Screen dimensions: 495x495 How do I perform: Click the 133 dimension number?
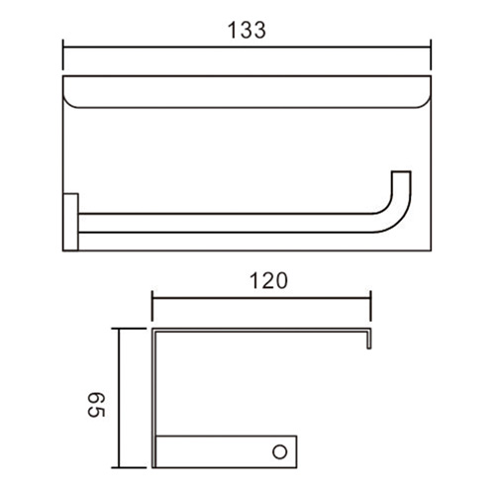point(247,30)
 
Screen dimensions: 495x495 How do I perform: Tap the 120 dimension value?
point(268,281)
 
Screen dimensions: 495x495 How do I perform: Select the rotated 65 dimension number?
point(97,405)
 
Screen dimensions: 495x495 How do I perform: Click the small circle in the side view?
point(280,451)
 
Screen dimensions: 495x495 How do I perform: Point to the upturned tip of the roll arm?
point(401,172)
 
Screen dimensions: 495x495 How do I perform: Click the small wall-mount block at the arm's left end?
point(70,222)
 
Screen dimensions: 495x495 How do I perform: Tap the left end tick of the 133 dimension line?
point(63,54)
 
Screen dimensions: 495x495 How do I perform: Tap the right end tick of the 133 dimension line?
point(431,54)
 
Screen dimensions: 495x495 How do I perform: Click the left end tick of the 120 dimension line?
point(152,306)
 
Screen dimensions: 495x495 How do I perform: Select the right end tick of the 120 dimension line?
point(370,306)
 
